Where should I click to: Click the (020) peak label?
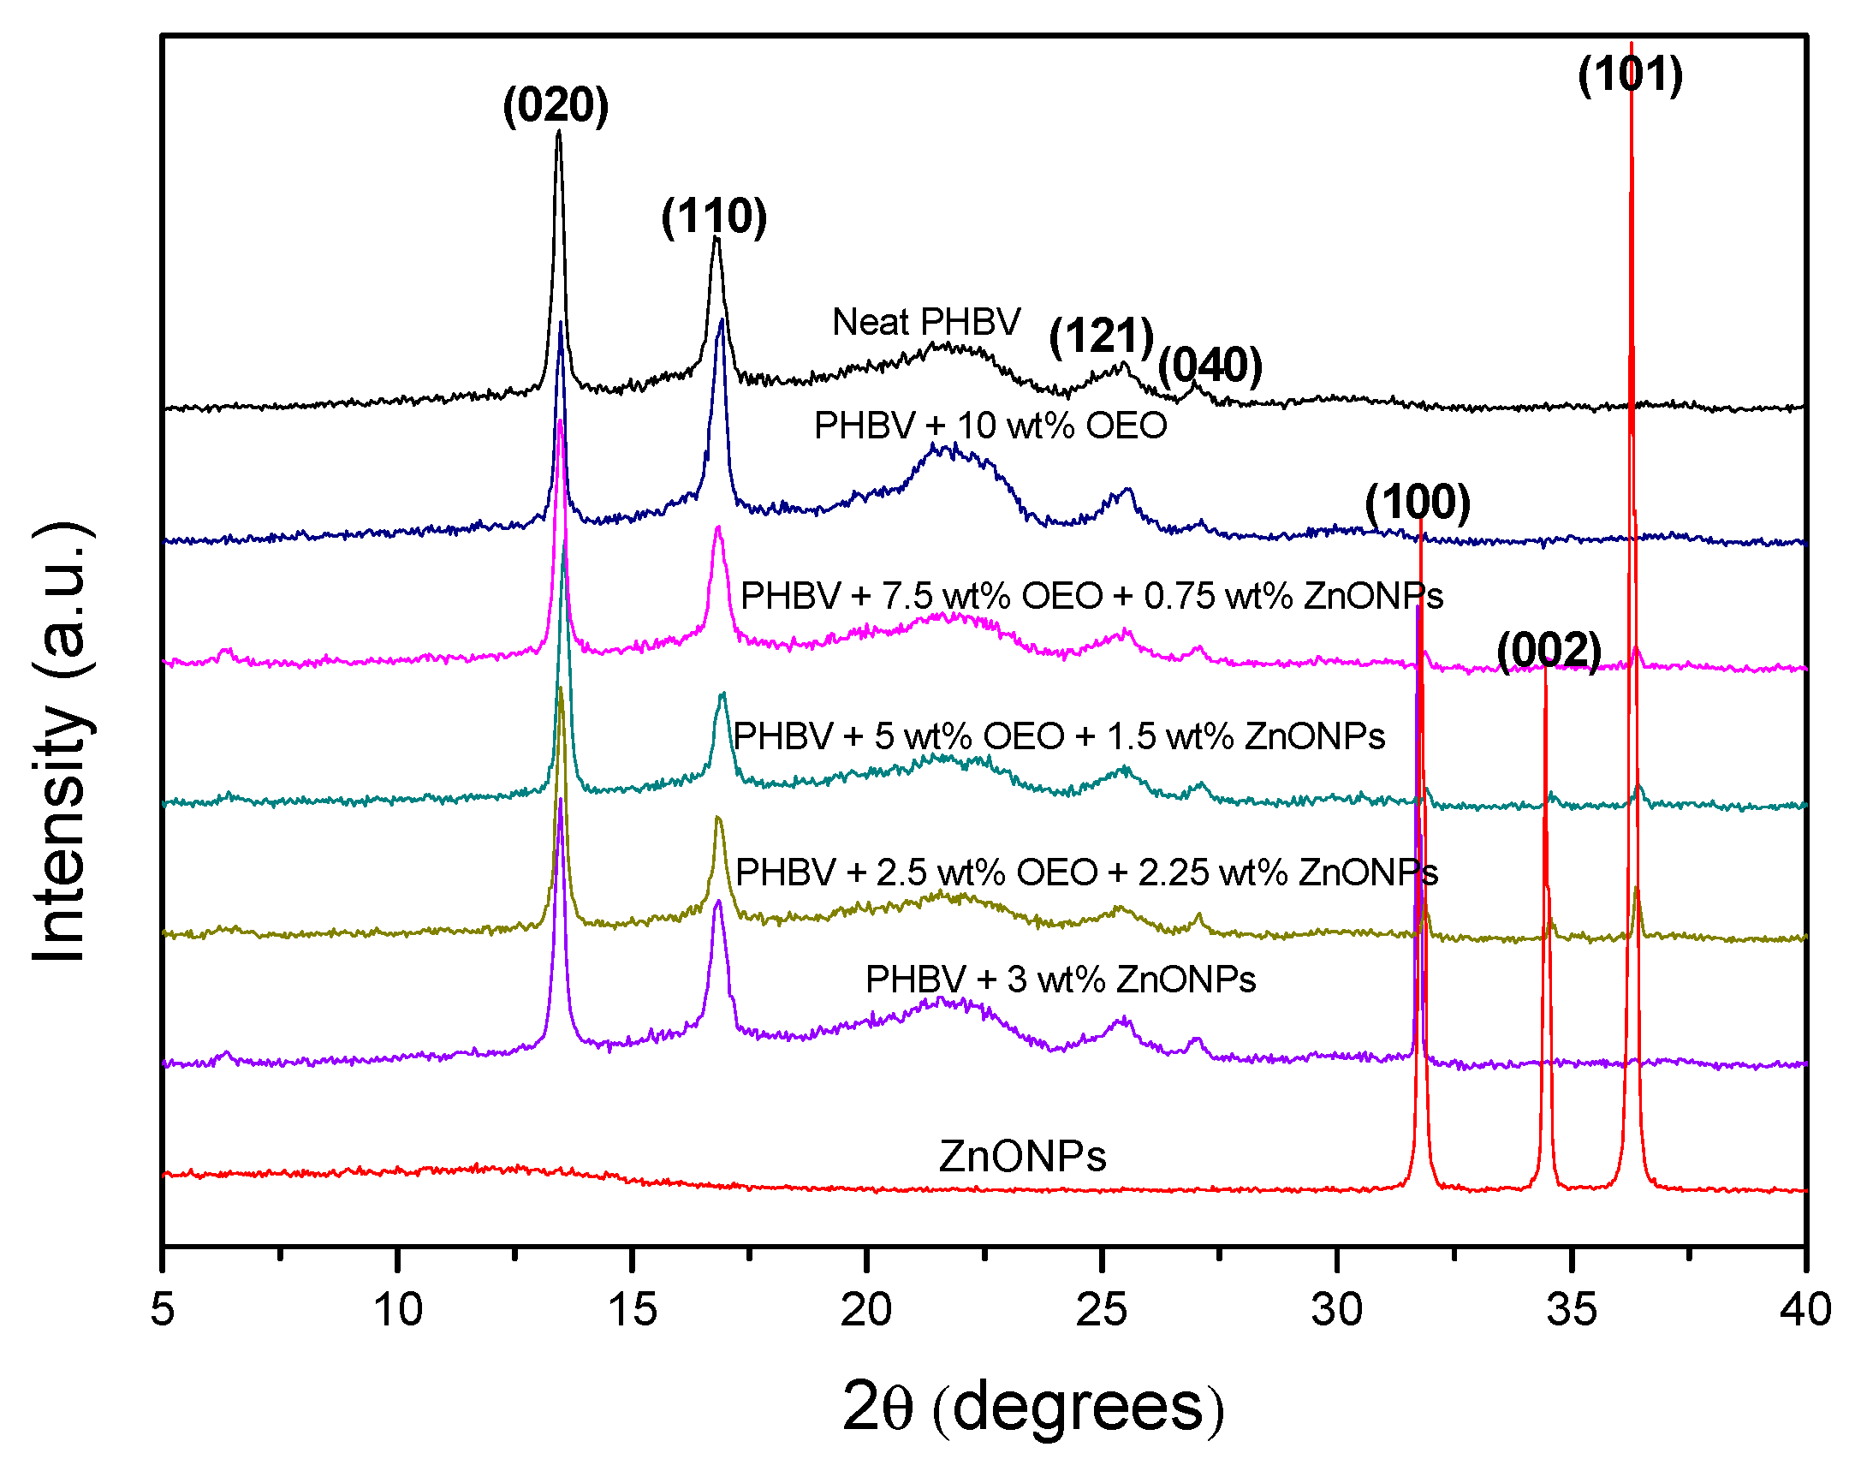556,106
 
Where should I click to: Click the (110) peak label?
714,216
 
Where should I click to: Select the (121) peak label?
1101,336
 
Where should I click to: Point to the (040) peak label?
1210,366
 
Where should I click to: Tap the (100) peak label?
1418,503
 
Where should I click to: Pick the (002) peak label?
1549,651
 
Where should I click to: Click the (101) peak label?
1631,74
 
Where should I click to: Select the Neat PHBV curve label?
926,323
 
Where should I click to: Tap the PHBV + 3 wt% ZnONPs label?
1060,980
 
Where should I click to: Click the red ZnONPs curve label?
1022,1156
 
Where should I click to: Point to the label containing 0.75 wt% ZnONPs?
1091,596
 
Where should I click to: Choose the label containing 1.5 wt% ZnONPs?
1059,737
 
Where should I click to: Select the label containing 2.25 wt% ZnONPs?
1086,873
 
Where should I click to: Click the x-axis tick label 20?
866,1310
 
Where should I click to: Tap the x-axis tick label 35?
1572,1310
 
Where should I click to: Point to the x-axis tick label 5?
162,1310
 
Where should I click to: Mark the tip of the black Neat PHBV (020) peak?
558,131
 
